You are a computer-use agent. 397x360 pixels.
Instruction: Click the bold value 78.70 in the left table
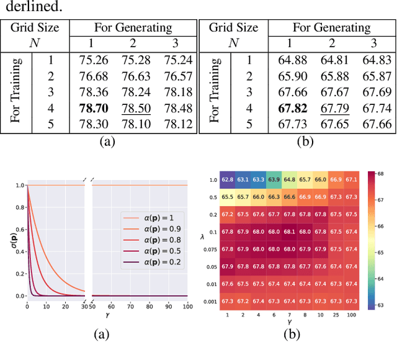pyautogui.click(x=94, y=109)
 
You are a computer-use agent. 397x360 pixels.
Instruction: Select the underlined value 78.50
pyautogui.click(x=136, y=109)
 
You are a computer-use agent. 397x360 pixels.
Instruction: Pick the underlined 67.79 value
pyautogui.click(x=335, y=109)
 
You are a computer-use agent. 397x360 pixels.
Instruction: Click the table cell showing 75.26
pyautogui.click(x=94, y=60)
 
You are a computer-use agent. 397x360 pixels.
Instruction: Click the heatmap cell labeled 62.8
pyautogui.click(x=228, y=179)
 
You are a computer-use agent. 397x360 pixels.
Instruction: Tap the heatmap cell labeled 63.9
pyautogui.click(x=274, y=179)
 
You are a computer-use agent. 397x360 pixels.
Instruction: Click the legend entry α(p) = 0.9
pyautogui.click(x=151, y=229)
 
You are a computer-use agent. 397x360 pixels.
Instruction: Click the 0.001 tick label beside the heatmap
pyautogui.click(x=211, y=301)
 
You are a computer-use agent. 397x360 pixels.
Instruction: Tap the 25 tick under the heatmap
pyautogui.click(x=336, y=315)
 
